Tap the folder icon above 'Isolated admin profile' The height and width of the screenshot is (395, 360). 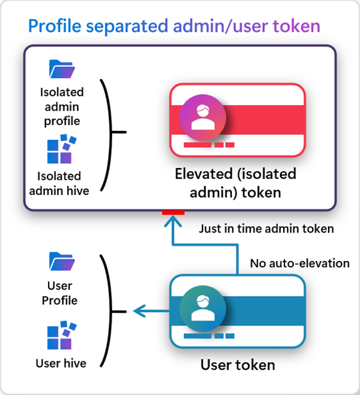[x=62, y=70]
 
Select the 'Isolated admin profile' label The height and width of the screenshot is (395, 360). [x=62, y=106]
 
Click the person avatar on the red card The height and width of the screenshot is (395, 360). [x=202, y=117]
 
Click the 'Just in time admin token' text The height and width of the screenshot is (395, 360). [x=266, y=229]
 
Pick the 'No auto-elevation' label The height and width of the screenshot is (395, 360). [x=299, y=263]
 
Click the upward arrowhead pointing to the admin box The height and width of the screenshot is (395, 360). [x=173, y=221]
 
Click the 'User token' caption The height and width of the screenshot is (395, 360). [x=238, y=365]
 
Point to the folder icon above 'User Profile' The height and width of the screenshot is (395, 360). [x=62, y=261]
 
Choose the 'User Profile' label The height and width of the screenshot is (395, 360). [x=60, y=293]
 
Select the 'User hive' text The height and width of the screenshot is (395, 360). [x=61, y=363]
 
